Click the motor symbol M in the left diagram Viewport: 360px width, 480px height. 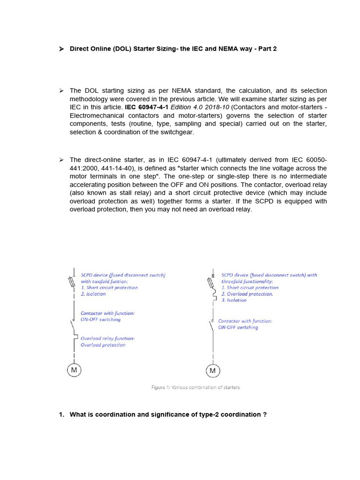[73, 370]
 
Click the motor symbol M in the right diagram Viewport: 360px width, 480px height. [213, 371]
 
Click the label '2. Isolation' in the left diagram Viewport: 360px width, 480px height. [93, 294]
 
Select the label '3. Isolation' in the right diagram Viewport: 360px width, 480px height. [234, 300]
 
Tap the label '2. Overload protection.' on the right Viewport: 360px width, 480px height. [247, 294]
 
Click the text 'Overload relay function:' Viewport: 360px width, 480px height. [107, 338]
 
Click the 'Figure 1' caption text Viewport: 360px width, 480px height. [195, 387]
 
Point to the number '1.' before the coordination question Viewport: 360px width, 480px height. [61, 414]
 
